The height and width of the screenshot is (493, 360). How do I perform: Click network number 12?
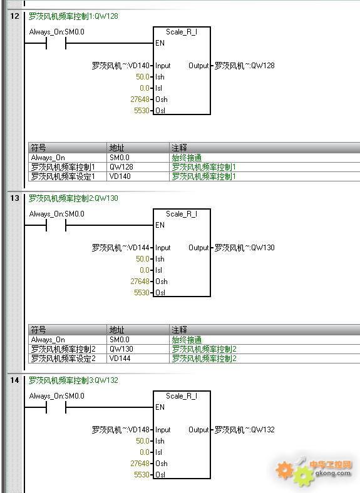pos(14,16)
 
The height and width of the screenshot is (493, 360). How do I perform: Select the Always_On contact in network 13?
pos(56,225)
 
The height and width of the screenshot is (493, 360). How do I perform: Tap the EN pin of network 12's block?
pos(160,43)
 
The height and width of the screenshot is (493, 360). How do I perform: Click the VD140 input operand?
pos(121,66)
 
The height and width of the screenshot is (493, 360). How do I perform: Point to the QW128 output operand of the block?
pos(245,66)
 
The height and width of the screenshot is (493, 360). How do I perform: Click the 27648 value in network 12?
pos(140,99)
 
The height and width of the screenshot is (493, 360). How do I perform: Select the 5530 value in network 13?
pos(141,293)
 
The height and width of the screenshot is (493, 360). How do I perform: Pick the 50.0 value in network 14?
pos(143,441)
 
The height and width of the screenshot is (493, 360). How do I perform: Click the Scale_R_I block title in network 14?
pos(182,396)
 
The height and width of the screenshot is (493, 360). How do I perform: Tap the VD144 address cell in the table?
pos(120,358)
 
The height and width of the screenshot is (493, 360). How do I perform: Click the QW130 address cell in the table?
pos(121,349)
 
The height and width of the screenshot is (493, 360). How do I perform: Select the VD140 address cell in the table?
pos(120,176)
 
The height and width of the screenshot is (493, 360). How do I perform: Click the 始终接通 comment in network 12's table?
pos(187,158)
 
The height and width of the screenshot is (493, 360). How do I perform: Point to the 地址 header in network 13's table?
pos(116,330)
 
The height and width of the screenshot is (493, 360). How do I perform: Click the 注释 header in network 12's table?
pos(179,148)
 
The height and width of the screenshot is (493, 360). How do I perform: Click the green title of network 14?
pos(73,380)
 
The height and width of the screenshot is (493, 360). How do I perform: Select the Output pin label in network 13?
pos(198,248)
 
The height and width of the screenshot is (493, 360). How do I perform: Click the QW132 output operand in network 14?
pos(245,430)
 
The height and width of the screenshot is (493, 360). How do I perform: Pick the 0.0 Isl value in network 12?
pos(145,88)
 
